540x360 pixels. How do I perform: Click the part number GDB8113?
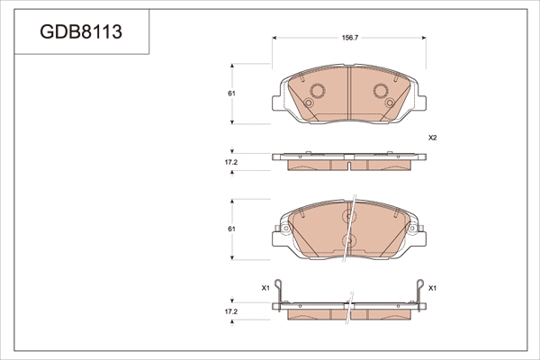coord(81,31)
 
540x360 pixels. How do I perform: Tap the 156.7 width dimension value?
coord(350,38)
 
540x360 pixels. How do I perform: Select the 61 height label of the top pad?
coord(232,94)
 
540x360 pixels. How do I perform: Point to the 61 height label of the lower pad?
coord(232,229)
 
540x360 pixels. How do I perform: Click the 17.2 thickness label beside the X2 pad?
coord(231,162)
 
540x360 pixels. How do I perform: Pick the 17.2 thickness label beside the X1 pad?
coord(231,311)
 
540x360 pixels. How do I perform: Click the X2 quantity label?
coord(433,138)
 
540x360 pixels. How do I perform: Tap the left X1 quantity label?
coord(265,288)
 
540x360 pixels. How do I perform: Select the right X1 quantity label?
coord(432,288)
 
